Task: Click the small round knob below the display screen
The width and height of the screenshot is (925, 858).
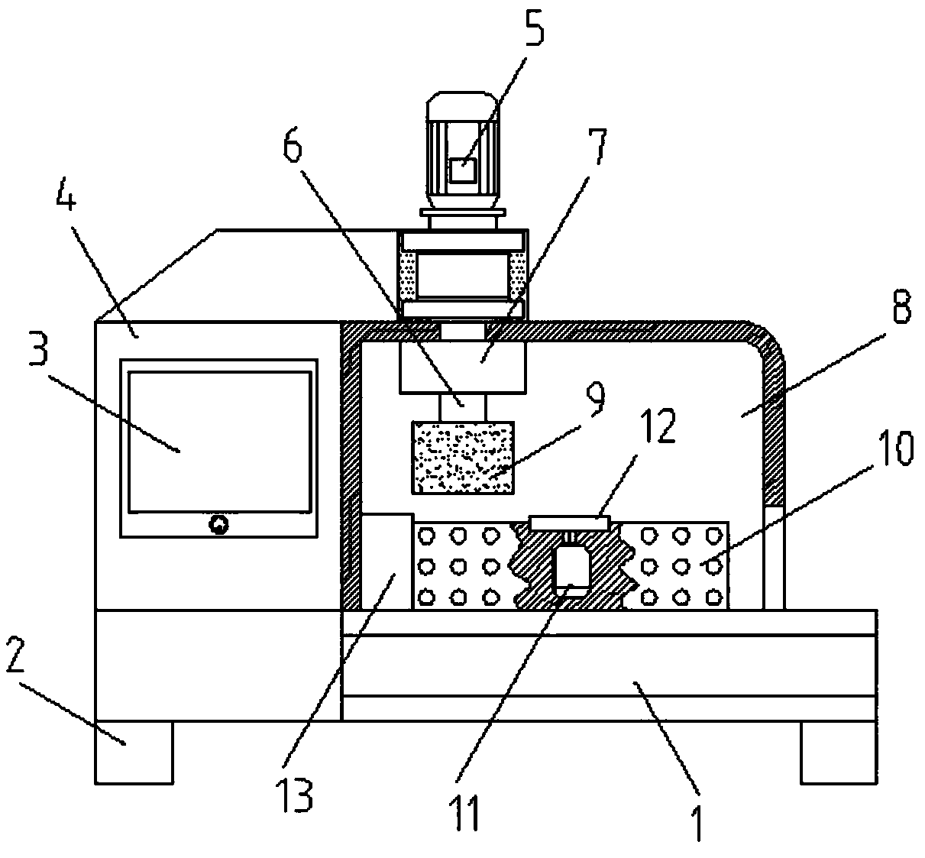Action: click(219, 524)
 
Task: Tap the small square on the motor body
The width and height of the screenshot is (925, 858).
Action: click(461, 170)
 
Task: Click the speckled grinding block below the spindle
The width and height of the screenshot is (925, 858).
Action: click(462, 457)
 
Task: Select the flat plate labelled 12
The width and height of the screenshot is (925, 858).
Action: click(568, 523)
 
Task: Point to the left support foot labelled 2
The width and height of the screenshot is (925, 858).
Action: click(134, 752)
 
